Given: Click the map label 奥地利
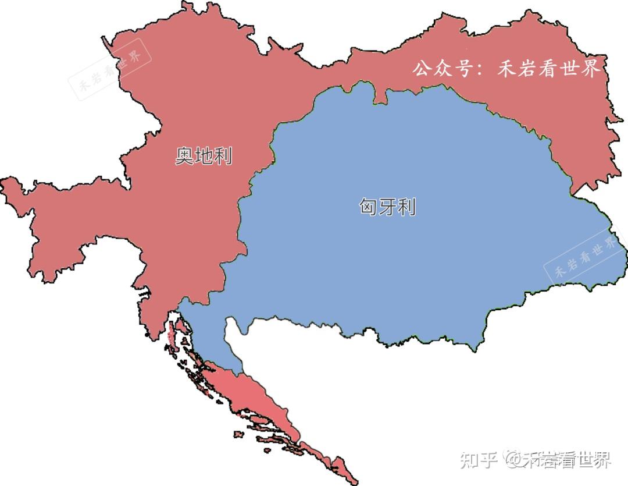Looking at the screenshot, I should point(204,156).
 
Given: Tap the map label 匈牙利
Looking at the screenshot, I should point(387,207).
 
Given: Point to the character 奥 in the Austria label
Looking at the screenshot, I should point(184,156).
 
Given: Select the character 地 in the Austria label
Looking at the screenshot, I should point(204,156).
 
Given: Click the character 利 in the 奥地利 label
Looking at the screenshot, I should point(223,156).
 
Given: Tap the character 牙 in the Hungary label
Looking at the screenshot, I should point(387,207).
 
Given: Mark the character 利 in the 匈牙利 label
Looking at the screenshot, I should point(406,207).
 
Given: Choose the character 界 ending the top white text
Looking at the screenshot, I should point(589,69).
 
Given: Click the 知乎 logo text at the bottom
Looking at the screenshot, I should point(478,460).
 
